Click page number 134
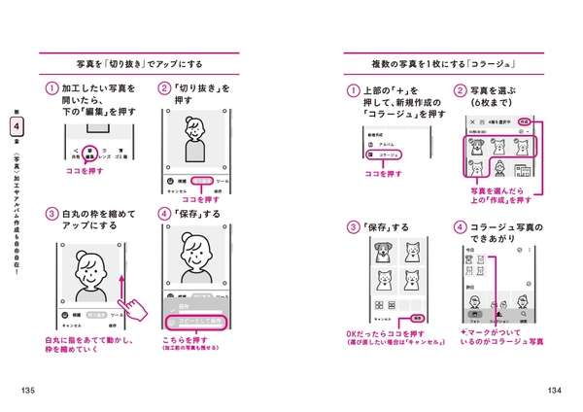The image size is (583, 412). click(x=554, y=391)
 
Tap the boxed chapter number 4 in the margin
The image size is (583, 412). click(x=14, y=126)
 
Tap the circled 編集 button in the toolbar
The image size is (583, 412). click(x=89, y=152)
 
